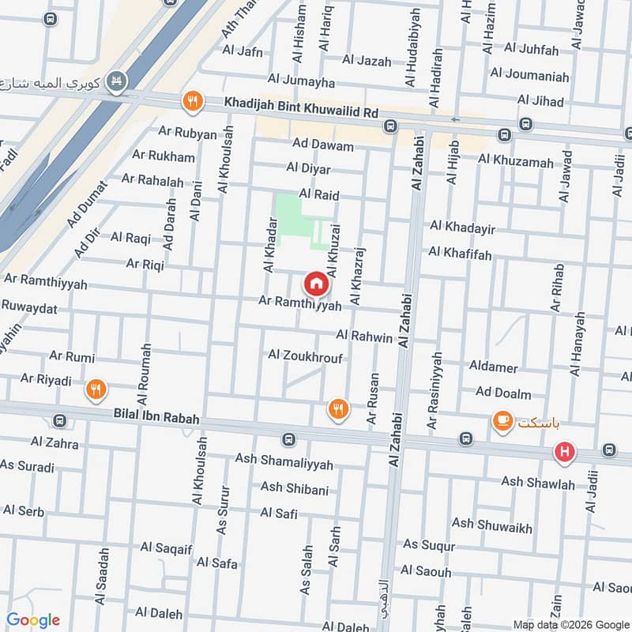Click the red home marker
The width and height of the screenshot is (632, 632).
click(x=315, y=283)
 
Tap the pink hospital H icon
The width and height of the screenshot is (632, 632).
click(x=565, y=453)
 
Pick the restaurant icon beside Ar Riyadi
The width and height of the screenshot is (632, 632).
click(x=96, y=388)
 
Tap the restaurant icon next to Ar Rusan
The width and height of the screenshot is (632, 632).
click(x=338, y=408)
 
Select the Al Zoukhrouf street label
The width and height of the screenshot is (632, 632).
click(x=305, y=356)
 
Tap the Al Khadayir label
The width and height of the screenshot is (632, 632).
click(x=462, y=228)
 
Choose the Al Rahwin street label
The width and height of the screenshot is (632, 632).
click(x=364, y=337)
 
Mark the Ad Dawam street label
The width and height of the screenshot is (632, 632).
click(x=322, y=145)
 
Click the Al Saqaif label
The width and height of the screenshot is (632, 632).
click(x=167, y=547)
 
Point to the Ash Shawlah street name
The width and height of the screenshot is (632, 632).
click(x=538, y=483)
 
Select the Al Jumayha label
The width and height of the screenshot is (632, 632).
click(x=301, y=81)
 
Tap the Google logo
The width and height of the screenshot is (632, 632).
click(x=33, y=620)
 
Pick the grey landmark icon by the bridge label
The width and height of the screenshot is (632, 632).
click(x=118, y=82)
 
